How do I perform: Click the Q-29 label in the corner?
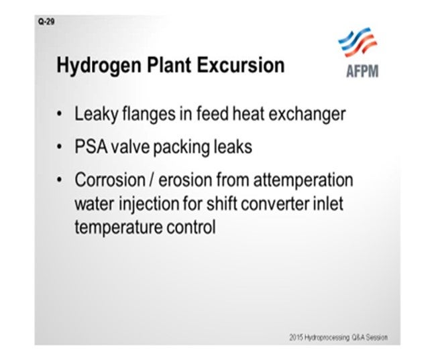(x=46, y=21)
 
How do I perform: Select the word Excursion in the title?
(x=241, y=65)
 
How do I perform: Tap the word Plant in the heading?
(x=169, y=65)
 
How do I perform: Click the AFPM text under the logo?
(x=362, y=71)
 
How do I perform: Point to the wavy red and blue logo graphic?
(x=358, y=42)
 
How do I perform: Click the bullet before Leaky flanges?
(x=59, y=114)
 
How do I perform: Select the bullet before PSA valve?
(x=59, y=147)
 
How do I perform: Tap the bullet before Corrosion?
(x=59, y=180)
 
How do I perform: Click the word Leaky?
(x=97, y=115)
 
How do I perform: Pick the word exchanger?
(x=307, y=115)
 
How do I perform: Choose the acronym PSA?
(x=91, y=147)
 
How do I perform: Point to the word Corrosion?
(x=110, y=180)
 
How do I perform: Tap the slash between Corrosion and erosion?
(x=152, y=180)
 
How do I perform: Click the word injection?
(x=149, y=204)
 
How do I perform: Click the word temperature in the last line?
(x=119, y=228)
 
